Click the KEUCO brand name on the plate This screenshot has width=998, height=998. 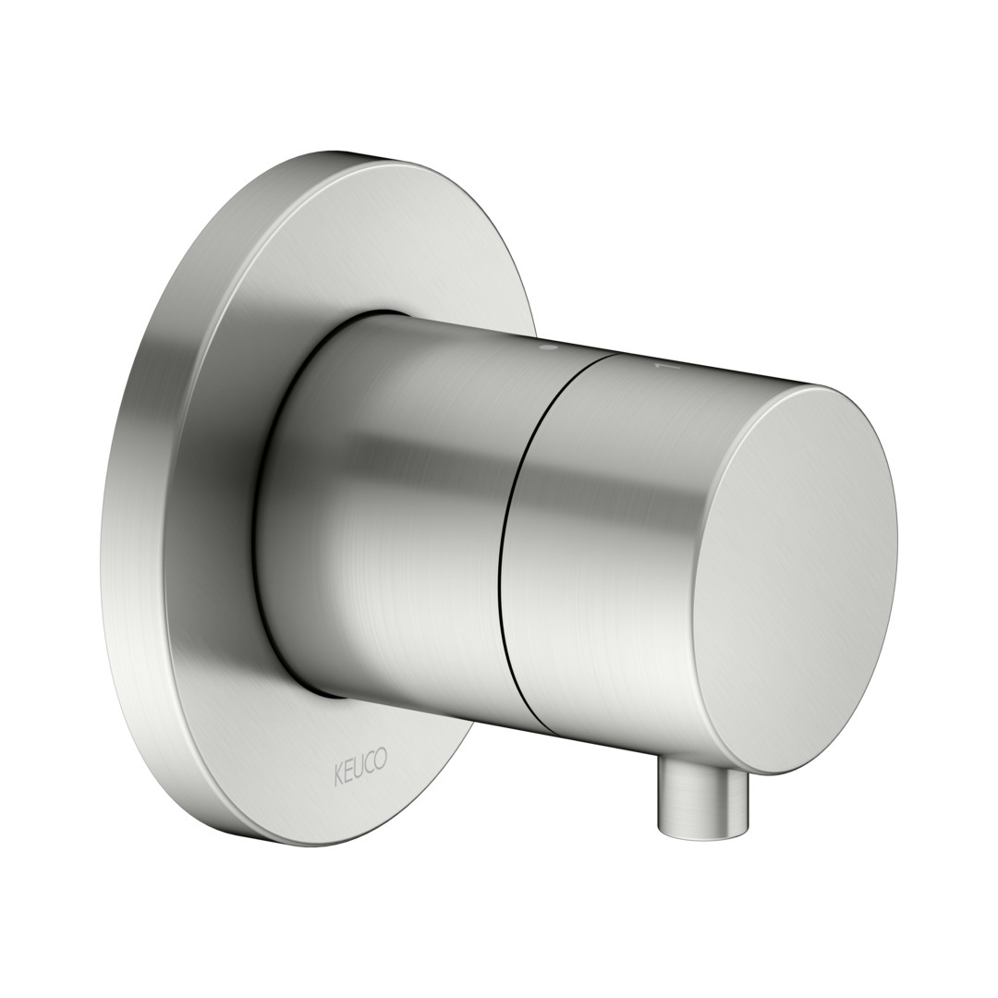[359, 762]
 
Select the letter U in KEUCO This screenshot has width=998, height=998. [359, 762]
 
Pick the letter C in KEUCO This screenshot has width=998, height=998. [369, 761]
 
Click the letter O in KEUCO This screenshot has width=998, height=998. [380, 760]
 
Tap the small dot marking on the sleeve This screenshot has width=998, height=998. [546, 349]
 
